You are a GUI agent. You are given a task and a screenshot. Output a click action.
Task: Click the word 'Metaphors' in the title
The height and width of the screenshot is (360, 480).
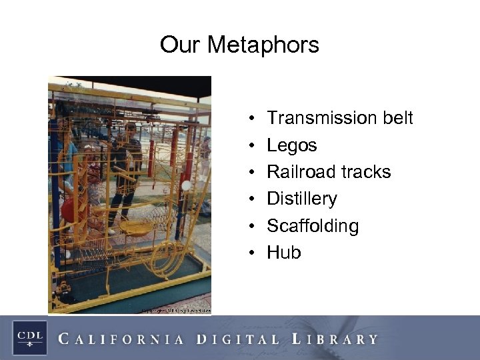pos(263,45)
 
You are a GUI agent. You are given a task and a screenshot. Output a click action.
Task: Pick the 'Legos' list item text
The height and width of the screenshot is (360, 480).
pos(292,145)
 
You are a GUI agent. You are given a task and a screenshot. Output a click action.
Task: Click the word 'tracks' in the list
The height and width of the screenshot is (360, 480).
pos(366,172)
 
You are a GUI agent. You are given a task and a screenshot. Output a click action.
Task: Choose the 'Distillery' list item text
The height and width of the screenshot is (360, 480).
pos(302,199)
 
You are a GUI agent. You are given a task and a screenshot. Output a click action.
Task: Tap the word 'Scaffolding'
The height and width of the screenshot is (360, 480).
pos(313,226)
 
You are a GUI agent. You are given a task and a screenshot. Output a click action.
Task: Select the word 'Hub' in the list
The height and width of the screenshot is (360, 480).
pos(284,253)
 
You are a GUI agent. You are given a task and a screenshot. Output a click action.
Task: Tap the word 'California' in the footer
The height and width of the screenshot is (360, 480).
pos(121,339)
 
